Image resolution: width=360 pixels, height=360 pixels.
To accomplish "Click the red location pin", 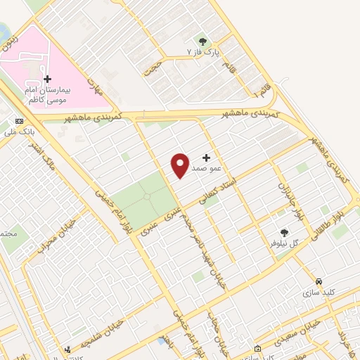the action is [180, 165].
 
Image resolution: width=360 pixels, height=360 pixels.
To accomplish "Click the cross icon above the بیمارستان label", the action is [47, 79].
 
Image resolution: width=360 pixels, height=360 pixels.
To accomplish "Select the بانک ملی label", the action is [19, 131].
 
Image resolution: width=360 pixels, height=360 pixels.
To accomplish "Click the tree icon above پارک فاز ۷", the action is [203, 41].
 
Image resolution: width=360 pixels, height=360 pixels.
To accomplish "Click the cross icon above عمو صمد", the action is [206, 157].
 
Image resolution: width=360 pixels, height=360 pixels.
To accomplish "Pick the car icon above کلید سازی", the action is [319, 280].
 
